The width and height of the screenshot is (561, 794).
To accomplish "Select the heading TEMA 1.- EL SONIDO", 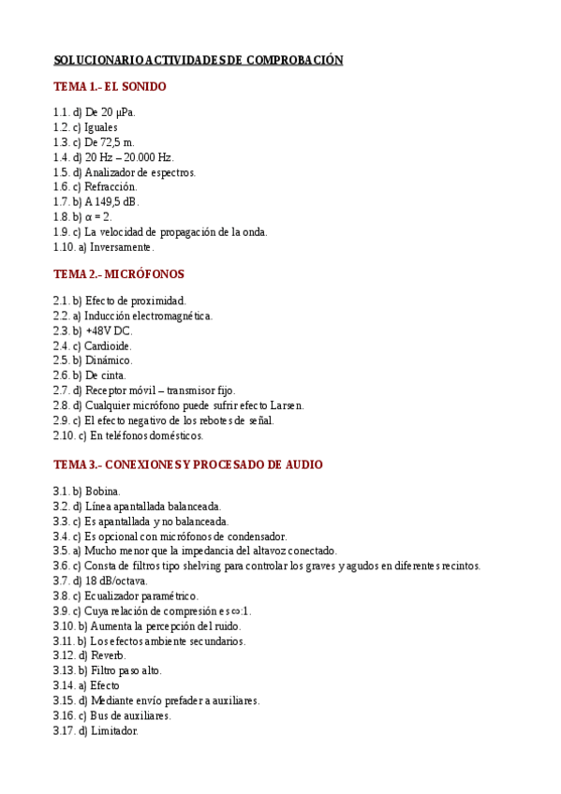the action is tap(110, 87).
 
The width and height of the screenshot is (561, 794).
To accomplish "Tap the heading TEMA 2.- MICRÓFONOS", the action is tap(119, 274).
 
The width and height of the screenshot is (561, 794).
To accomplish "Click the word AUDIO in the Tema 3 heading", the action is tap(303, 464).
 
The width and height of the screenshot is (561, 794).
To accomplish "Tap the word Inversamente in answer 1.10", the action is tap(121, 247).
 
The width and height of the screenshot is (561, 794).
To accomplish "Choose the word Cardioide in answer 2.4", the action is tap(108, 346).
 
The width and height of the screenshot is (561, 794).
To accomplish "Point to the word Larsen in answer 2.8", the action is tap(286, 405).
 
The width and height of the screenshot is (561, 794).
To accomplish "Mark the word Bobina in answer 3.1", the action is tap(102, 491).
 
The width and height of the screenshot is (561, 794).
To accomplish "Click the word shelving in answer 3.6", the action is tap(190, 566).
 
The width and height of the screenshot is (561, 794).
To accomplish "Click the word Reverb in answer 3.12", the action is tap(108, 655).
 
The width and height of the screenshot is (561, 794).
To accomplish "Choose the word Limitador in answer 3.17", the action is tap(114, 730).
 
